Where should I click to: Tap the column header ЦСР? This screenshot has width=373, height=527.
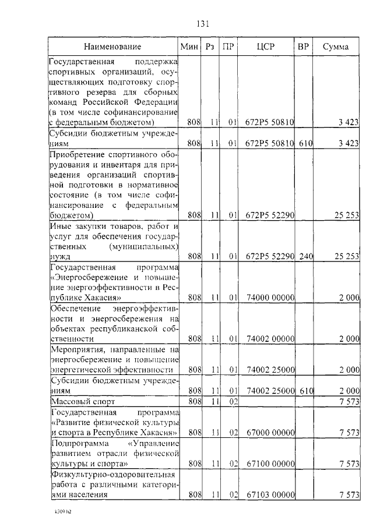tap(266, 46)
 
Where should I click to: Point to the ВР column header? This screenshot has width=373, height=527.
tap(304, 46)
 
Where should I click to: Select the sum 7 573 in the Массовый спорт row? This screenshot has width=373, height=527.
tap(347, 402)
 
